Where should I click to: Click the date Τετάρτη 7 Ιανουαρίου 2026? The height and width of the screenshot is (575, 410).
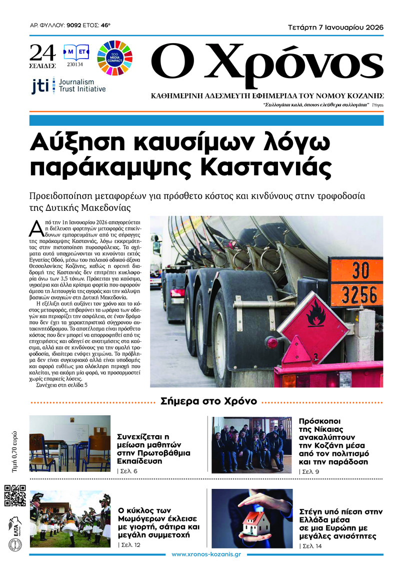(x=335, y=28)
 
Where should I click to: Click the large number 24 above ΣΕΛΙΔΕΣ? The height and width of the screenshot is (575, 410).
(x=42, y=52)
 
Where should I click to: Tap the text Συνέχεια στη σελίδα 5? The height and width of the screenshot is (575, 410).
(x=62, y=386)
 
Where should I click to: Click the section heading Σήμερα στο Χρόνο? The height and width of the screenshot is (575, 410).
(x=208, y=401)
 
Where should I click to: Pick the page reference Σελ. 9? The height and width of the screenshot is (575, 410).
(x=308, y=472)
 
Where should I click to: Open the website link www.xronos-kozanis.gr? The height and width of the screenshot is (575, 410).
(x=206, y=554)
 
